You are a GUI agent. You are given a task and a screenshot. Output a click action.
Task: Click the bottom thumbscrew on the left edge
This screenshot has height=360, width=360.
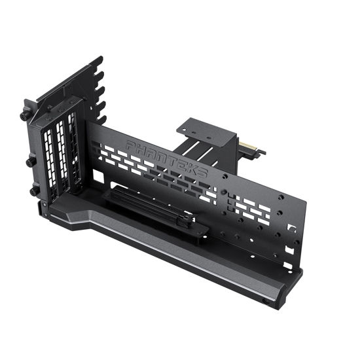point(33,190)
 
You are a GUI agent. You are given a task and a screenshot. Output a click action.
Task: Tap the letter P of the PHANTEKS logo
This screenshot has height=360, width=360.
point(130,145)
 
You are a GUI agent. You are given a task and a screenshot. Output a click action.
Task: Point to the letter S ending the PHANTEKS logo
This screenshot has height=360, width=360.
point(202,173)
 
